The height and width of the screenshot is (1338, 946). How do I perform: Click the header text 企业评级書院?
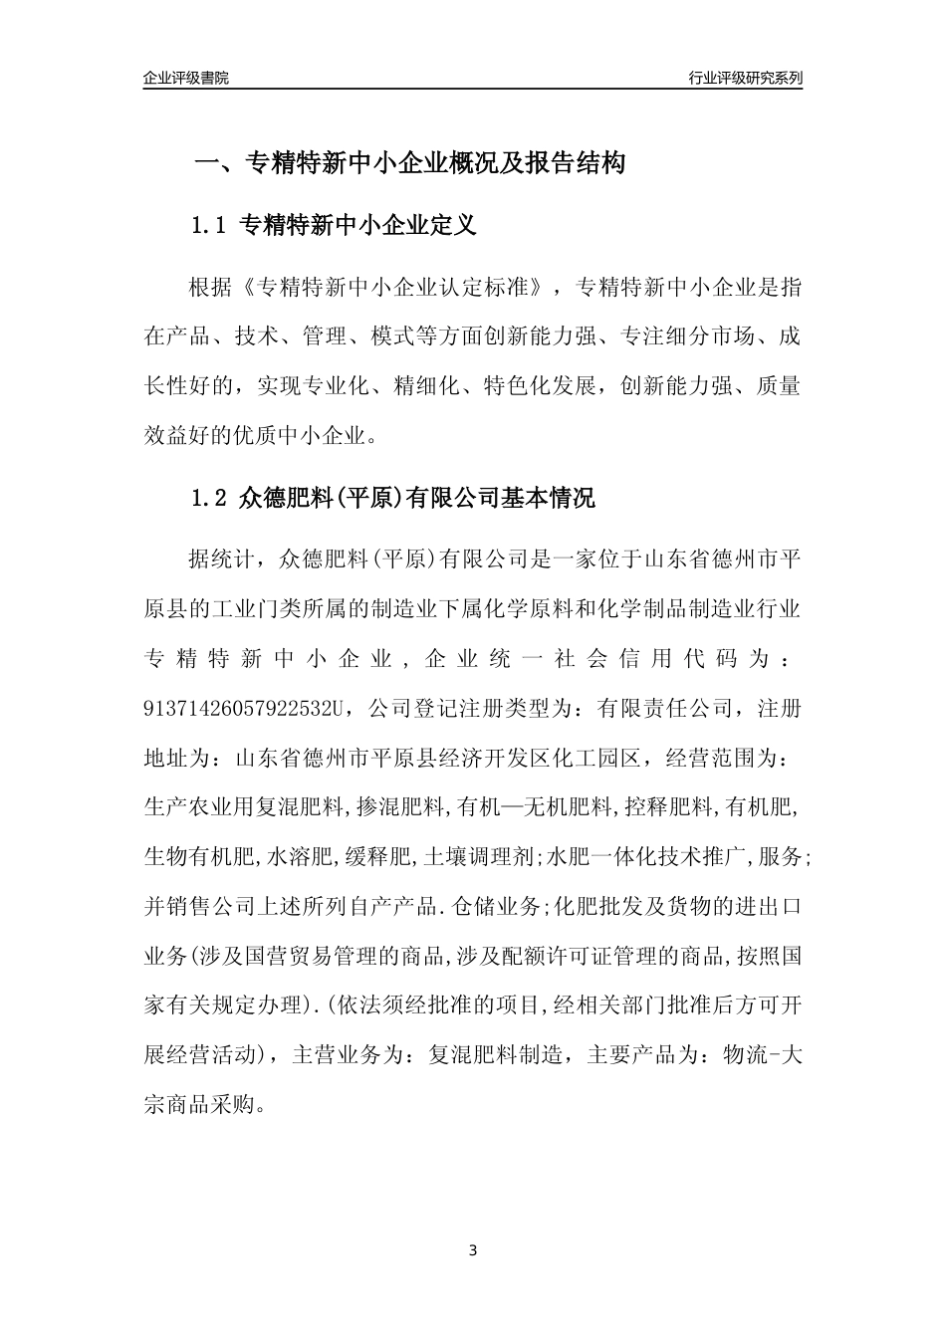point(186,78)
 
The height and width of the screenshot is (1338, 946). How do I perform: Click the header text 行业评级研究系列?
point(745,78)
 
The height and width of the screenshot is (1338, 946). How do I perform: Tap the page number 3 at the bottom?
point(473,1249)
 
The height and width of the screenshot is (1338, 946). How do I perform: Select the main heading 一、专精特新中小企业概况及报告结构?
point(408,163)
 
